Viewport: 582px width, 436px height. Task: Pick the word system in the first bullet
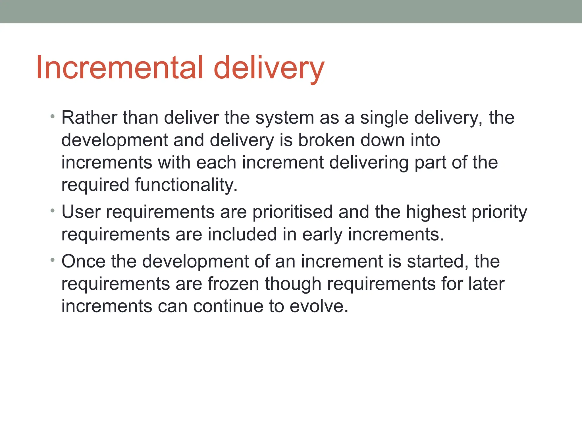coord(284,118)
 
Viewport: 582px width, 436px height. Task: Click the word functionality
coord(186,185)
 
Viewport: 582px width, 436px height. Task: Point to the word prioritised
coord(292,212)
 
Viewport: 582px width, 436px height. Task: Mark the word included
coord(242,235)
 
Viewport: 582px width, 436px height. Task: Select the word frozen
coord(233,284)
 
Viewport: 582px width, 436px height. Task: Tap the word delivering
coord(369,163)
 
